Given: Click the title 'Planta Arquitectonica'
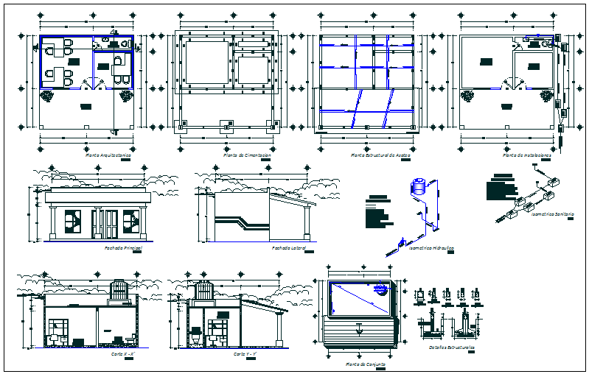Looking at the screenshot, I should tap(108, 156).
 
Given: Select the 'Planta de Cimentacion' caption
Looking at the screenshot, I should tap(246, 156).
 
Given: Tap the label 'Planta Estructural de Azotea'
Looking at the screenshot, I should tap(380, 156).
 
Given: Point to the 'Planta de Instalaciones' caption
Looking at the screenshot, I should tap(520, 156).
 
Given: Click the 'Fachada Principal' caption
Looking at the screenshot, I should tap(122, 249).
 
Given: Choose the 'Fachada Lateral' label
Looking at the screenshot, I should tap(288, 249).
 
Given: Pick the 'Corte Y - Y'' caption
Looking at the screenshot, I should tap(245, 354).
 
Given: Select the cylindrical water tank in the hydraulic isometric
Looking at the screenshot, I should tap(420, 187).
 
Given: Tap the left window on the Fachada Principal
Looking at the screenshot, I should tap(74, 219).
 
